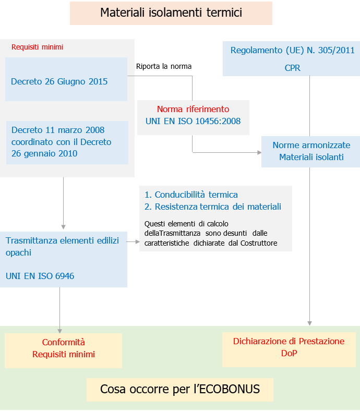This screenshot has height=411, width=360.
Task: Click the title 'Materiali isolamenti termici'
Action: pos(171,13)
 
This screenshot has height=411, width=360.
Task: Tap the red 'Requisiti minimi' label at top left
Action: pos(37,47)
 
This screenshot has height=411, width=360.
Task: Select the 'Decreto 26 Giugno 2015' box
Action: pos(66,81)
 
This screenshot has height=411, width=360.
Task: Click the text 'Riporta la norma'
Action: pos(164,66)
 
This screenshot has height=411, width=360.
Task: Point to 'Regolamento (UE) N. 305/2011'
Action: pos(292,51)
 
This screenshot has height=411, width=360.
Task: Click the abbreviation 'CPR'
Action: pos(292,68)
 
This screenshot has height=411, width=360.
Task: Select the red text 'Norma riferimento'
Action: pos(193,110)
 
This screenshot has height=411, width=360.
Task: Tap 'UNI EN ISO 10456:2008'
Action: pos(193,122)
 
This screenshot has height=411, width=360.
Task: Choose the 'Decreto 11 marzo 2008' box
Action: pos(67,142)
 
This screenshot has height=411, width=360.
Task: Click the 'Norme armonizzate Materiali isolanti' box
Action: pos(311,151)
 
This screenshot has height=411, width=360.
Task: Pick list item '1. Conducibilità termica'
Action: pos(191,195)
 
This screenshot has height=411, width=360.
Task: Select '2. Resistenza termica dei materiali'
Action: pos(213,207)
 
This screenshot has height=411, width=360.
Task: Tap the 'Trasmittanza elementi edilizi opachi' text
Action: pos(63,246)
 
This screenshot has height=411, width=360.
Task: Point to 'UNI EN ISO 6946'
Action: pos(40,276)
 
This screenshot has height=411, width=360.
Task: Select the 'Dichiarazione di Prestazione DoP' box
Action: pos(289,347)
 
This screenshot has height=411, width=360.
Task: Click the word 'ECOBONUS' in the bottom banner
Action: pos(230,389)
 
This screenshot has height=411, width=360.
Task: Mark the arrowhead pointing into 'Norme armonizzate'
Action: pos(259,153)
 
